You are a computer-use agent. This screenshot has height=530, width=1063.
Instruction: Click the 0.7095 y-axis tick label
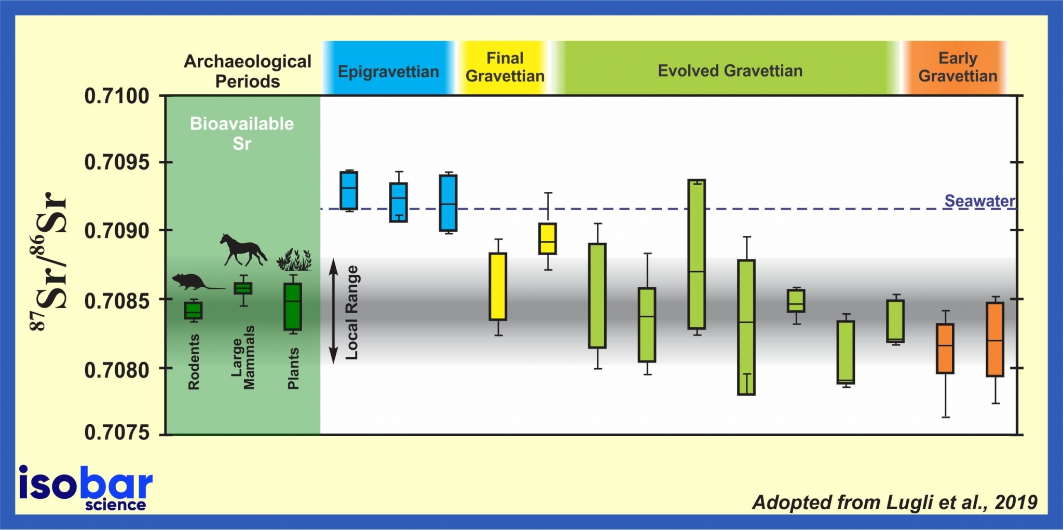pos(117,162)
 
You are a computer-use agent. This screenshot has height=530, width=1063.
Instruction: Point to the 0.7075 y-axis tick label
pos(117,432)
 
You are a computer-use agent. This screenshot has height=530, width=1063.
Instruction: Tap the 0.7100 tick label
pos(117,96)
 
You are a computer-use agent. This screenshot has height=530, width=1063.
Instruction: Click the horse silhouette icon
pos(242,250)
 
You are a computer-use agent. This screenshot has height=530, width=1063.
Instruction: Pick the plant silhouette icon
pos(294,260)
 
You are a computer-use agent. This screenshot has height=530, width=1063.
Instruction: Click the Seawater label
pos(979,201)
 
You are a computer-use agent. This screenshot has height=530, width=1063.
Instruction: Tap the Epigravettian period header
pos(388,71)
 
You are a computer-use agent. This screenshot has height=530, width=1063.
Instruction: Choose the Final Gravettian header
pos(505,67)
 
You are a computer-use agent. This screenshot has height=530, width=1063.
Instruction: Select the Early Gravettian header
pos(958,67)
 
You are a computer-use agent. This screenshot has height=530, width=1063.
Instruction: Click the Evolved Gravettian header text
pos(730,71)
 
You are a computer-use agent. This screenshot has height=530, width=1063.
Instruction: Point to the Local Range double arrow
pos(334,311)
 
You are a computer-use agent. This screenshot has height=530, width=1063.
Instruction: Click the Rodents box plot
pos(194,311)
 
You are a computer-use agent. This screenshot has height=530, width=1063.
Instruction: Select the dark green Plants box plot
pos(293,306)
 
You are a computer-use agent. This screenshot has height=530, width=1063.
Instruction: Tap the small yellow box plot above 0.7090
pos(548,239)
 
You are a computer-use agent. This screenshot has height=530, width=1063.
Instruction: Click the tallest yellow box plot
pos(498,286)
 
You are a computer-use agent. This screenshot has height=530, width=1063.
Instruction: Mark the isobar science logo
pos(86,487)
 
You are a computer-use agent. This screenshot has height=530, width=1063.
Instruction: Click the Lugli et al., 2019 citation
pos(895,502)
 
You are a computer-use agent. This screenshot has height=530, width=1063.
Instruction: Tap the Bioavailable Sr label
pos(242,133)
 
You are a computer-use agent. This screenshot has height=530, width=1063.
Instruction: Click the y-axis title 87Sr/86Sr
pos(49,262)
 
